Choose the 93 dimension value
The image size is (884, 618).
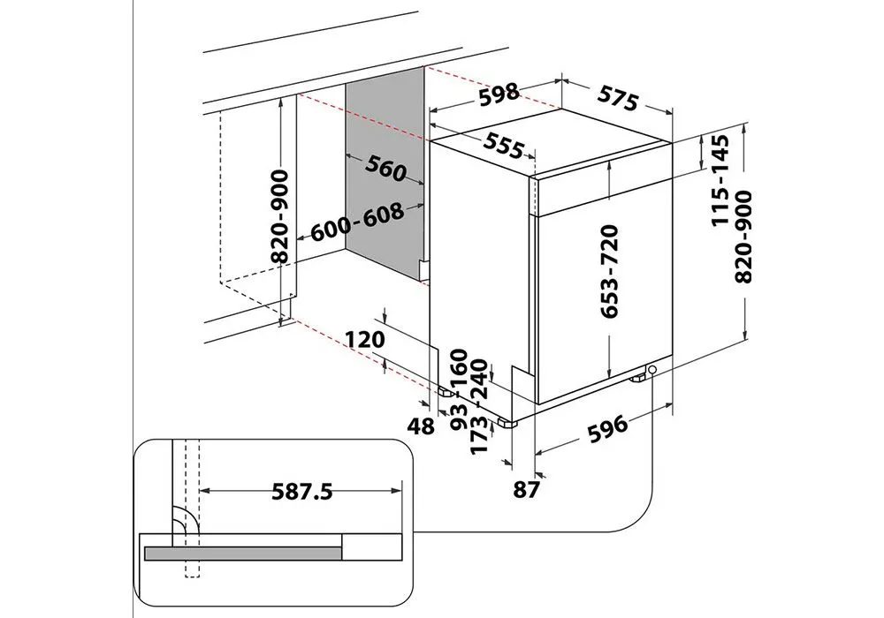pos(459,413)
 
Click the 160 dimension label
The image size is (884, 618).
pos(459,366)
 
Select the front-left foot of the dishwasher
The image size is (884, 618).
pos(507,423)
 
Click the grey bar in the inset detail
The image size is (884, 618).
pos(243,553)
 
